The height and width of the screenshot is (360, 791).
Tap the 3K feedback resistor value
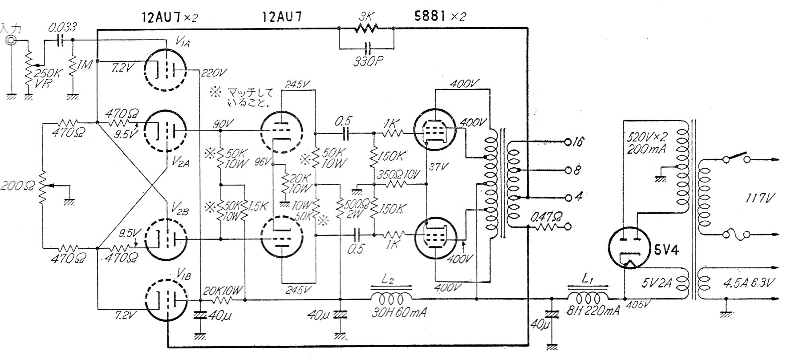click(x=367, y=18)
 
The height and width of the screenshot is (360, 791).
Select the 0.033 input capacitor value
click(x=62, y=27)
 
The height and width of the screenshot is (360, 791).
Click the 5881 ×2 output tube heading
click(x=438, y=17)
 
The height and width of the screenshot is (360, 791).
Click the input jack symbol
click(x=11, y=41)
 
